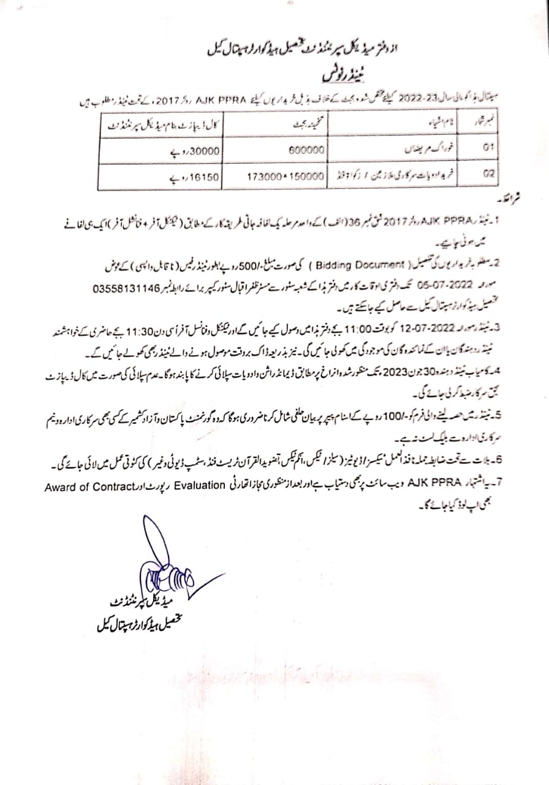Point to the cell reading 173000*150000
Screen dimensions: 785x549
285,175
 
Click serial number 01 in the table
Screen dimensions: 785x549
488,148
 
